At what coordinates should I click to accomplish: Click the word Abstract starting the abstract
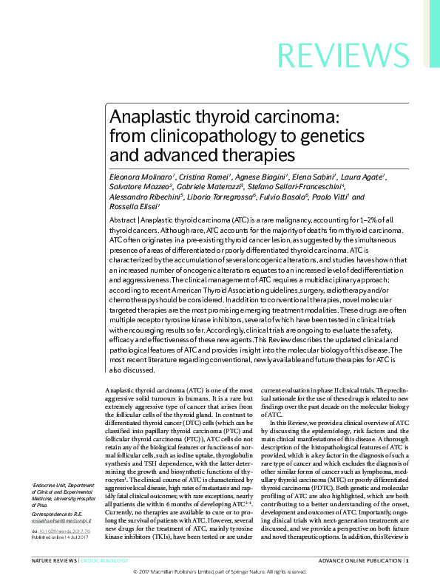point(122,221)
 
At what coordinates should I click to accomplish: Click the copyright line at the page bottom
point(220,572)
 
